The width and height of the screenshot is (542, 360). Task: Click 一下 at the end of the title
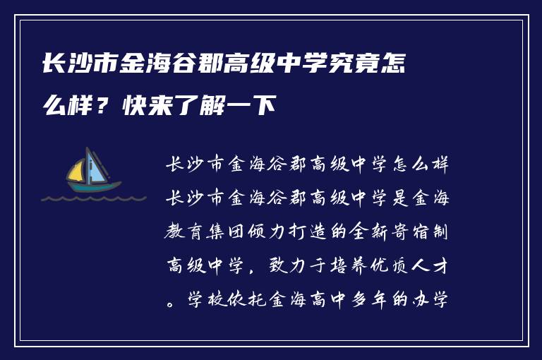(x=255, y=107)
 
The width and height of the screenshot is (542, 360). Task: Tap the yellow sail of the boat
(x=76, y=170)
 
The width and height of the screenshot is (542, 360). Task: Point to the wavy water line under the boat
(x=92, y=198)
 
